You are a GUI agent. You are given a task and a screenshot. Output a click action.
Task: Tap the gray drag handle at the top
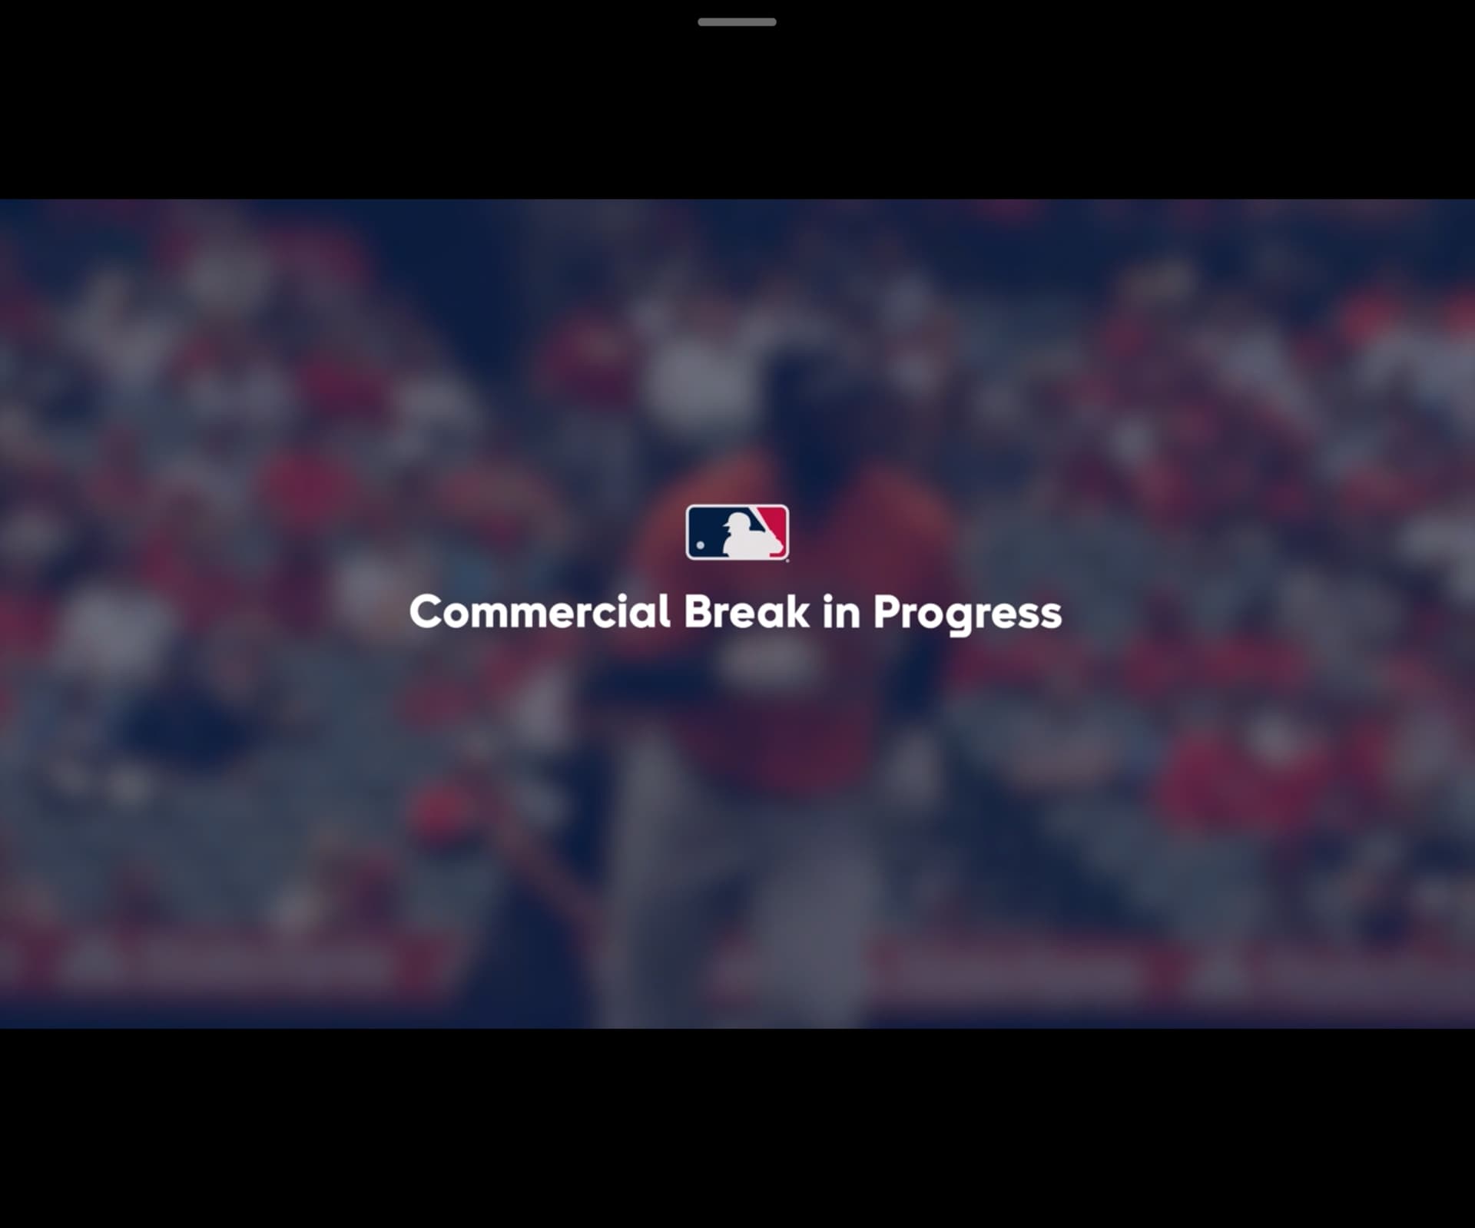coord(737,22)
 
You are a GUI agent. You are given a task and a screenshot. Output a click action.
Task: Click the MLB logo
coord(737,532)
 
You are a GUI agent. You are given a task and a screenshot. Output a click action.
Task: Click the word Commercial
coord(540,612)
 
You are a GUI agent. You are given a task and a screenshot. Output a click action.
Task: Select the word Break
coord(747,612)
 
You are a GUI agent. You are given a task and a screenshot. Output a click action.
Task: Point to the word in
coord(841,612)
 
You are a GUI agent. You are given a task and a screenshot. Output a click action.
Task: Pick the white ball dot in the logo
coord(700,545)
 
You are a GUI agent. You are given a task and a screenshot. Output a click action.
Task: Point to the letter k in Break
coord(797,611)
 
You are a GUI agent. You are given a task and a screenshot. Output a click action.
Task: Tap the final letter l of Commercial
coord(665,611)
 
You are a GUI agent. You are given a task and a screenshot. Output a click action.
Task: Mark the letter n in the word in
coord(848,616)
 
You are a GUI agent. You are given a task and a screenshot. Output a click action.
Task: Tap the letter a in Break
coord(767,617)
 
